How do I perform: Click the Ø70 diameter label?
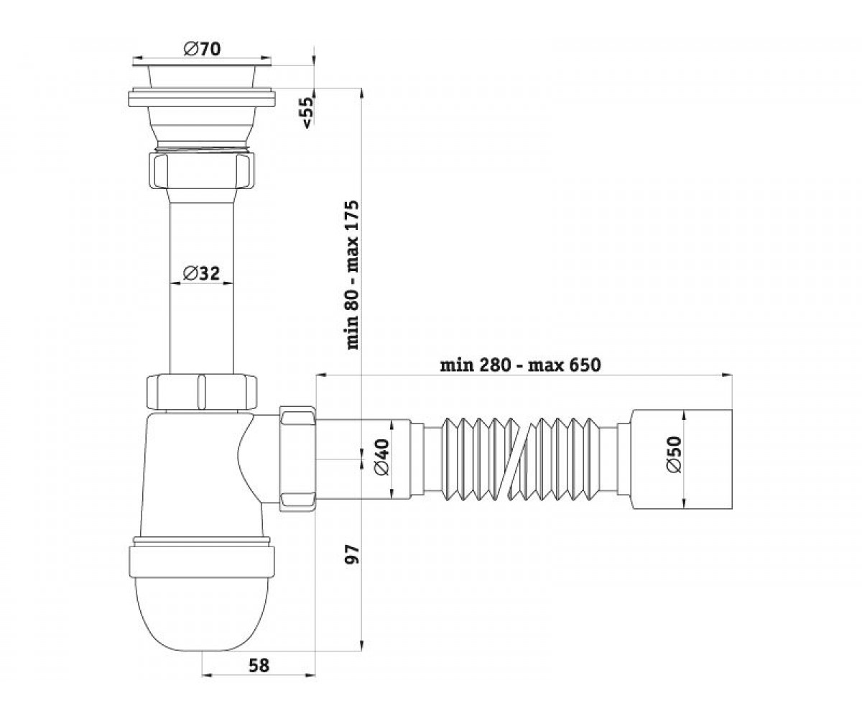coord(203,49)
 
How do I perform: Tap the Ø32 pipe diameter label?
coord(201,273)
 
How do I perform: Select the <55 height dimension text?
coord(308,112)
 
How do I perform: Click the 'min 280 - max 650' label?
coord(520,365)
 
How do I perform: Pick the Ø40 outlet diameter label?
coord(381,457)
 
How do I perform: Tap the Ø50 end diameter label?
coord(674,455)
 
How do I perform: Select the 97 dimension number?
coord(353,554)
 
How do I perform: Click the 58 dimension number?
coord(259,666)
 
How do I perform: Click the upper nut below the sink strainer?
coord(201,170)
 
